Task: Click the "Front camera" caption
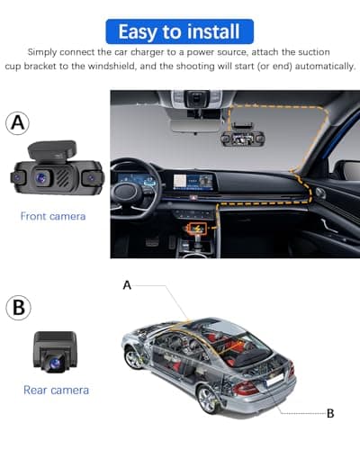(53, 216)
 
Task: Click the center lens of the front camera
(42, 178)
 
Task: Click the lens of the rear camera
(54, 362)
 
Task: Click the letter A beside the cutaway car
(127, 284)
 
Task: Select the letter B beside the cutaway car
(330, 413)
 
